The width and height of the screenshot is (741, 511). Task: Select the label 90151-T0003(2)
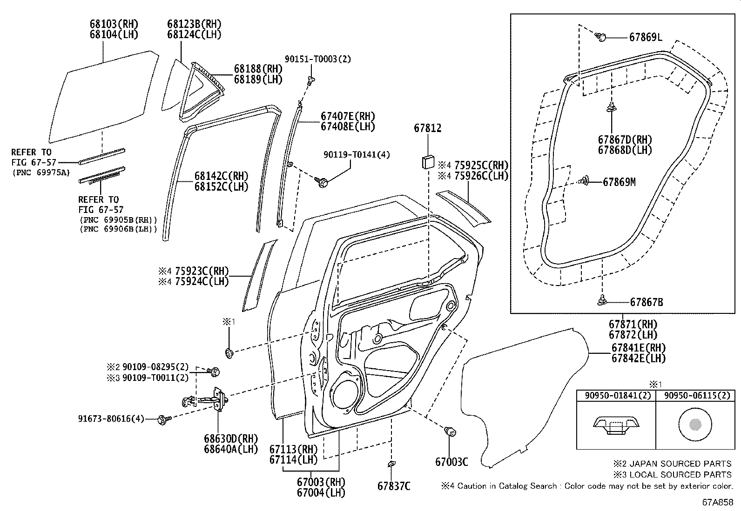[x=317, y=59]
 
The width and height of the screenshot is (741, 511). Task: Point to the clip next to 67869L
[x=601, y=37]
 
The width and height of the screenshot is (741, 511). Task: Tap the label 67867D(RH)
[x=625, y=140]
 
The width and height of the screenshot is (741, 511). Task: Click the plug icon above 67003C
[x=451, y=431]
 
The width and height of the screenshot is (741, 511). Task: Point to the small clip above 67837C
[x=391, y=465]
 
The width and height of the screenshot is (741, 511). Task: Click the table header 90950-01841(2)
[x=616, y=396]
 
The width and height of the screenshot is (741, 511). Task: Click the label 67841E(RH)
[x=638, y=348]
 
